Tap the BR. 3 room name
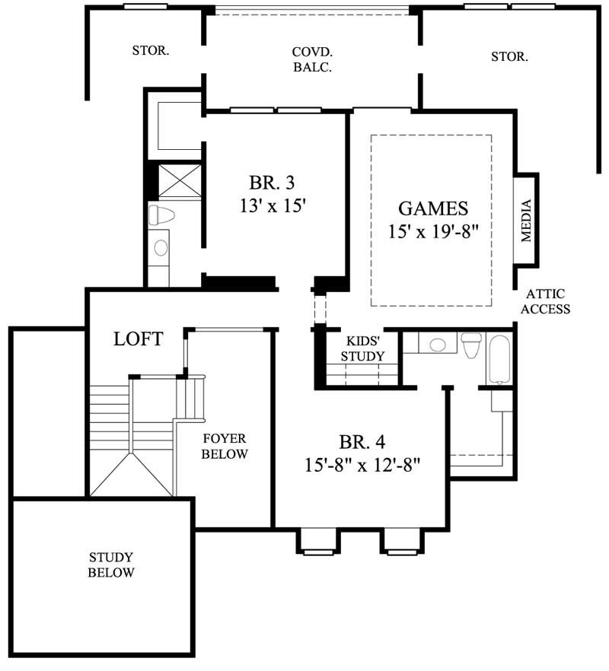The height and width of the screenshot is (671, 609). coord(271,183)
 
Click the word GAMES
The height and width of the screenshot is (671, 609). coord(433,208)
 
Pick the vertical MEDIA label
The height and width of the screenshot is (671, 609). coord(525,220)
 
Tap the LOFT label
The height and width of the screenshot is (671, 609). coord(138,339)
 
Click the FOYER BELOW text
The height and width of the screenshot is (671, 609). coord(225,447)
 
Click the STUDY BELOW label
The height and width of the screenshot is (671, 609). coord(111,564)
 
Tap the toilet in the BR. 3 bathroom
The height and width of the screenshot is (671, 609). coord(160,214)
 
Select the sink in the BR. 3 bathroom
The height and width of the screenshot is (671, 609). coord(161,247)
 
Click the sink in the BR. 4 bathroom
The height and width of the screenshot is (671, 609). coord(437,345)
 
